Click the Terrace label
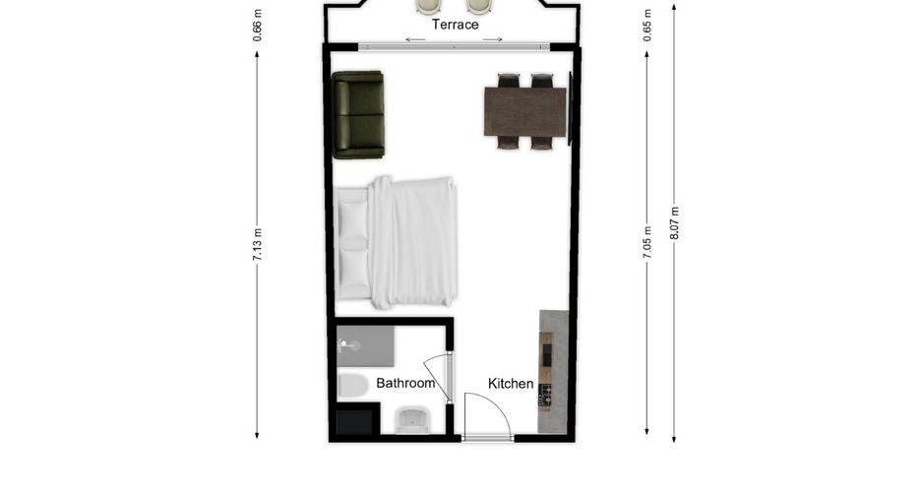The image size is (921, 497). [456, 25]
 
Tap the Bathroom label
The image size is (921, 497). [405, 384]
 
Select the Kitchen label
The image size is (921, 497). [511, 384]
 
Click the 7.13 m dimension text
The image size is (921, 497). [257, 245]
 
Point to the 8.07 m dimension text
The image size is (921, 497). [674, 222]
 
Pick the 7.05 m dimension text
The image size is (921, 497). [647, 242]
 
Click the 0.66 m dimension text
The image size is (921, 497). [257, 26]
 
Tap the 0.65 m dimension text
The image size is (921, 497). [647, 26]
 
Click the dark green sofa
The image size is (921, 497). [358, 114]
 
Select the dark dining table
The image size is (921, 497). [525, 111]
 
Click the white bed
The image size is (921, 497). [396, 243]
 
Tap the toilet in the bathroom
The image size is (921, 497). [353, 386]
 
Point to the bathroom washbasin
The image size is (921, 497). [413, 420]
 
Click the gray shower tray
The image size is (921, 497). [365, 346]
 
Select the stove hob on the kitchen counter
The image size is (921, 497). [546, 396]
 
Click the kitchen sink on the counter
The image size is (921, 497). [547, 354]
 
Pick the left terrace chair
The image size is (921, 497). [428, 6]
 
